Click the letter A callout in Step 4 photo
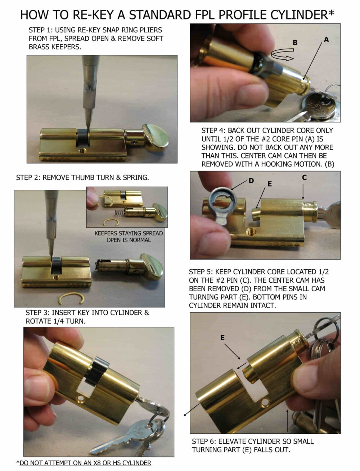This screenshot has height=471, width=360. [326, 39]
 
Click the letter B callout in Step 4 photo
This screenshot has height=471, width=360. [295, 42]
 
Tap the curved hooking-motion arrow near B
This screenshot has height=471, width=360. [282, 54]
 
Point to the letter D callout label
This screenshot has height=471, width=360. [251, 181]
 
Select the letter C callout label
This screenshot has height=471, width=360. [304, 177]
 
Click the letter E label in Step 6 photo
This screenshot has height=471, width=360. [222, 338]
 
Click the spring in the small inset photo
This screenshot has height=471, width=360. [119, 212]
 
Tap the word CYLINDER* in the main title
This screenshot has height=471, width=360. [302, 15]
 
